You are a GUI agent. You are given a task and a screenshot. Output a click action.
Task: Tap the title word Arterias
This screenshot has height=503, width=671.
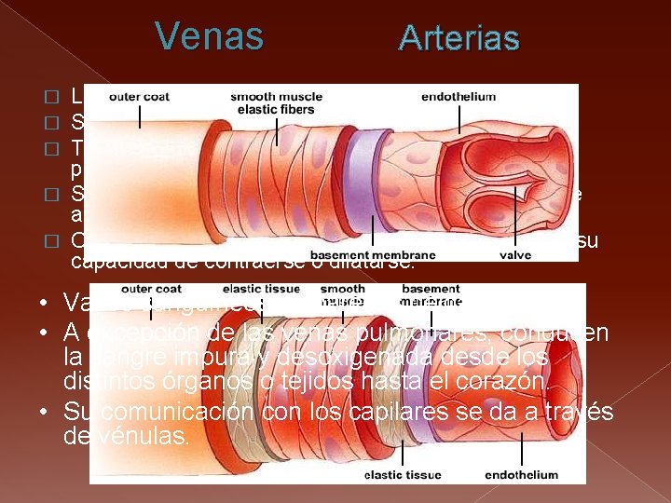(x=459, y=38)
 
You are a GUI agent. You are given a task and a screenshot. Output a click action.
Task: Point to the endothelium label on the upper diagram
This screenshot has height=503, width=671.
(x=458, y=97)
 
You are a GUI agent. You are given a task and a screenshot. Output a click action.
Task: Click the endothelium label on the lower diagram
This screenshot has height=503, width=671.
(x=521, y=475)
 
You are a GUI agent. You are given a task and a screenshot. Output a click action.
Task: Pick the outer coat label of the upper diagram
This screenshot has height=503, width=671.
(x=139, y=97)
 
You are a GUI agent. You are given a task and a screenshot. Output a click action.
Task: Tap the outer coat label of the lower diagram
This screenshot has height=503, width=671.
(x=150, y=289)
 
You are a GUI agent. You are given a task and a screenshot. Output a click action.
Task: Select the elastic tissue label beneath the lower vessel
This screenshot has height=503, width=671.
(x=402, y=475)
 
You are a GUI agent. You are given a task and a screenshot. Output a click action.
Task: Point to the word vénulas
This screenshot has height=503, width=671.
(x=140, y=433)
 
